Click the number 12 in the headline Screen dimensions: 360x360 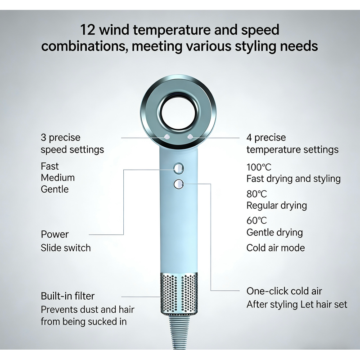(x=87, y=30)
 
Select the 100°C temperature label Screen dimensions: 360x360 (x=259, y=167)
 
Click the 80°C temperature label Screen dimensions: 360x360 (x=256, y=194)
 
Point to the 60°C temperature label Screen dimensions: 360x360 (x=256, y=220)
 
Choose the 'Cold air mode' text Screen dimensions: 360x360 (x=275, y=248)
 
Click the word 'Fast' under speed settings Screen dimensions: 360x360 (x=49, y=166)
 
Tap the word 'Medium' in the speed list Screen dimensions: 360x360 (x=58, y=178)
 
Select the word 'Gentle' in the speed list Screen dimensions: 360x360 (x=54, y=189)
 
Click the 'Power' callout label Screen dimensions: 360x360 (x=54, y=234)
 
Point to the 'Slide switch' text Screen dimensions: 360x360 (x=66, y=248)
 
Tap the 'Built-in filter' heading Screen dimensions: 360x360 (x=67, y=296)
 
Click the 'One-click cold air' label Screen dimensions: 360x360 (x=284, y=291)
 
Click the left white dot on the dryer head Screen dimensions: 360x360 (x=167, y=137)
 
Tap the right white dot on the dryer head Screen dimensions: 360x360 (x=190, y=137)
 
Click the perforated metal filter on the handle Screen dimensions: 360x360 (x=179, y=293)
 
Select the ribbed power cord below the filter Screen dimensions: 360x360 (x=179, y=331)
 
